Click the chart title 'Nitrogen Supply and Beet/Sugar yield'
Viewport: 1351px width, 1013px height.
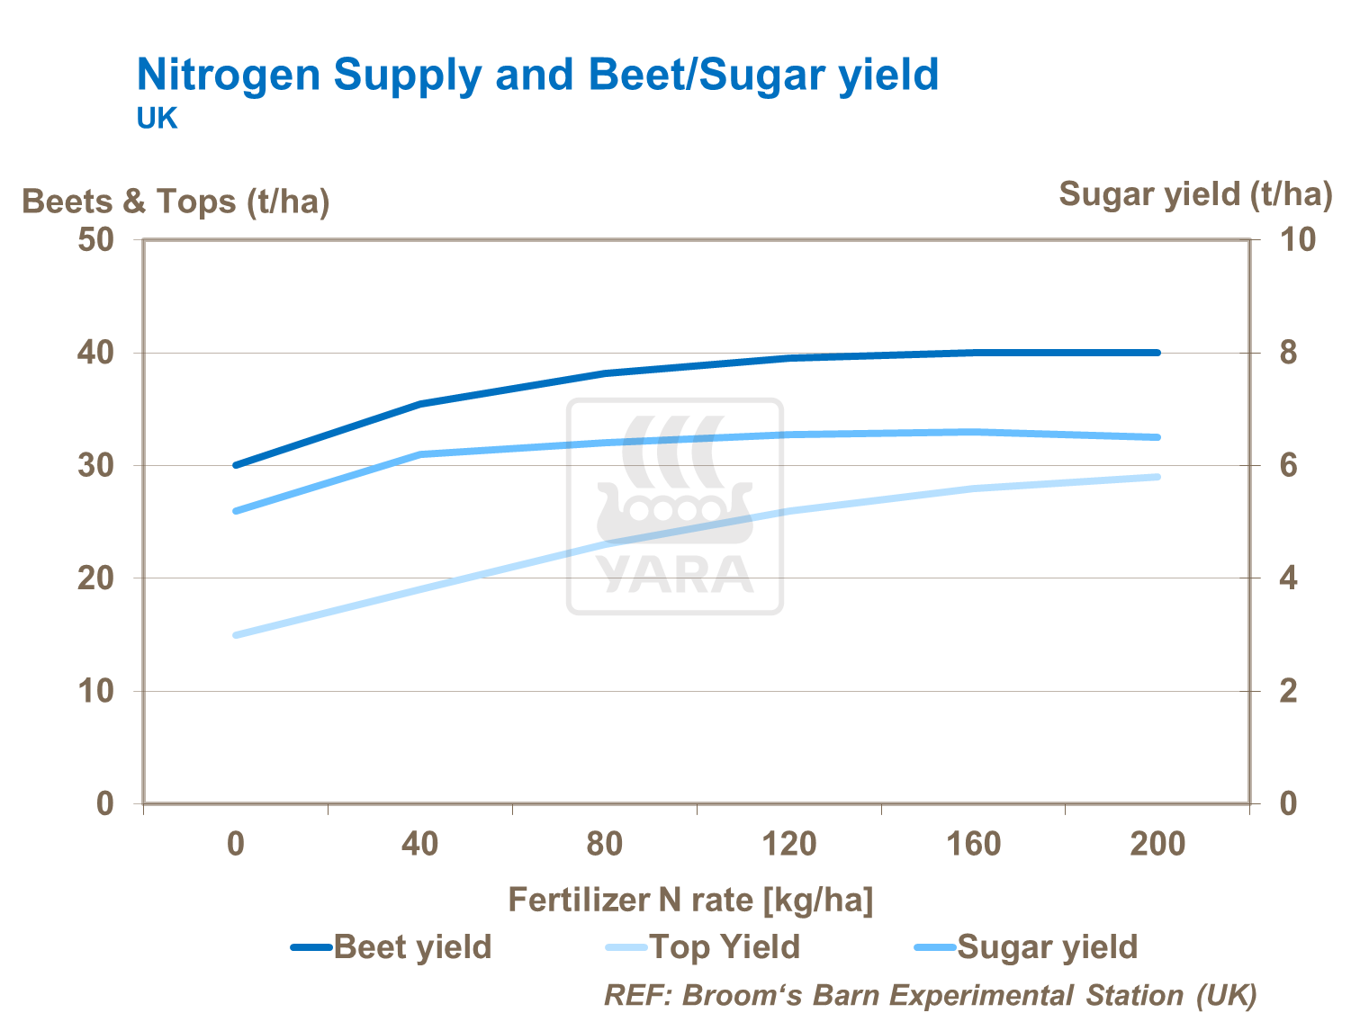pyautogui.click(x=537, y=74)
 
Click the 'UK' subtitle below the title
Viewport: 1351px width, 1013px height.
pyautogui.click(x=157, y=119)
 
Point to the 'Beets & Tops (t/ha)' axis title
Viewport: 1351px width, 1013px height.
pyautogui.click(x=176, y=202)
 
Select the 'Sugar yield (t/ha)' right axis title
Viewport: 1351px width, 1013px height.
pyautogui.click(x=1194, y=194)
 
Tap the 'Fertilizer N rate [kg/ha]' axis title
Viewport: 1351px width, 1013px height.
pyautogui.click(x=690, y=901)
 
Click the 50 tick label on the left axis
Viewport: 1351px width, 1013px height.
pyautogui.click(x=95, y=240)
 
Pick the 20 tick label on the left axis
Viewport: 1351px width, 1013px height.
pyautogui.click(x=95, y=578)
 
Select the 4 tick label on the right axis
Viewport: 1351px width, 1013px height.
pyautogui.click(x=1288, y=578)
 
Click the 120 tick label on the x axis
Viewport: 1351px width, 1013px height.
pyautogui.click(x=788, y=844)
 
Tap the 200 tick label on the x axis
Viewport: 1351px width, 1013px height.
pyautogui.click(x=1157, y=844)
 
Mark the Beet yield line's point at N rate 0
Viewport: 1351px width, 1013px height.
pyautogui.click(x=236, y=465)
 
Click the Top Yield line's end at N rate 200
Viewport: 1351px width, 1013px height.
pyautogui.click(x=1157, y=477)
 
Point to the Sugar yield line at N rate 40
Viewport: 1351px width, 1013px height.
pyautogui.click(x=420, y=454)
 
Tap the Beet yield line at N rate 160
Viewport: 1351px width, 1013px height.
pyautogui.click(x=974, y=353)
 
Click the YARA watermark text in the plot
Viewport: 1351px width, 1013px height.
pyautogui.click(x=675, y=576)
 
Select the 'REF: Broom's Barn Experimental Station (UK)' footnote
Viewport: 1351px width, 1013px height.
pyautogui.click(x=930, y=996)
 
